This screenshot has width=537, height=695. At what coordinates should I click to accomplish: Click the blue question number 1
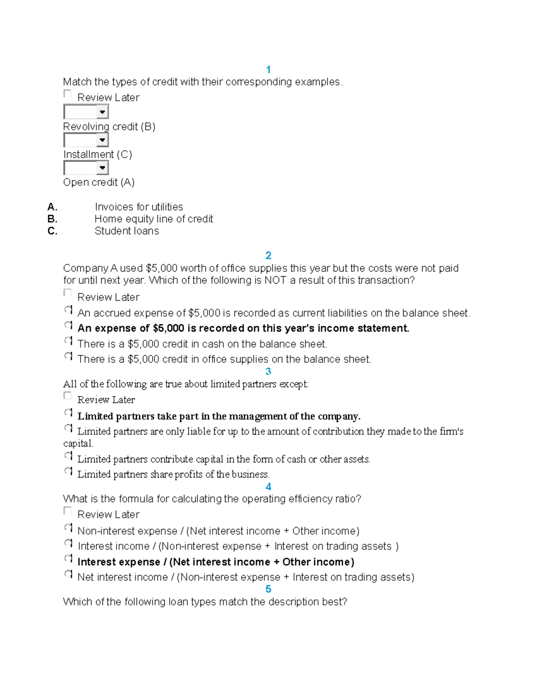(268, 69)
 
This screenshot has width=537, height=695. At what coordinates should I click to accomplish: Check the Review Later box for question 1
(68, 94)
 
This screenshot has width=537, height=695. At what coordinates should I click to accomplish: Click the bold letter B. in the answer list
(52, 219)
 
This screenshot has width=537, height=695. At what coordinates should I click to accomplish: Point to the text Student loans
(127, 231)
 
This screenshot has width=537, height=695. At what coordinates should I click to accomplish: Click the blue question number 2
(268, 255)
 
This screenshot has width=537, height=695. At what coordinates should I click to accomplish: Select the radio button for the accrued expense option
(68, 310)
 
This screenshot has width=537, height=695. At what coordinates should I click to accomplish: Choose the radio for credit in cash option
(68, 341)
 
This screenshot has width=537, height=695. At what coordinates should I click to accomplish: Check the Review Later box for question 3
(68, 396)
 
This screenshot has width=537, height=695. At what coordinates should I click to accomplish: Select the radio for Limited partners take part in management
(68, 413)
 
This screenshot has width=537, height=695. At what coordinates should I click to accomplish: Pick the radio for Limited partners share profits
(68, 471)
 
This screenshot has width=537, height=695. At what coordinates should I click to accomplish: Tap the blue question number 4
(268, 486)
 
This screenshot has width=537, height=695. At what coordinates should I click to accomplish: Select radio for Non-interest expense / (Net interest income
(68, 528)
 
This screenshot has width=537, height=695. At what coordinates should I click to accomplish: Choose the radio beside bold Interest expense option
(68, 559)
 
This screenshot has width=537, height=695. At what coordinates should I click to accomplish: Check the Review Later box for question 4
(68, 511)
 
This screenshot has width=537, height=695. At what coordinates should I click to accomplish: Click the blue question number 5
(268, 589)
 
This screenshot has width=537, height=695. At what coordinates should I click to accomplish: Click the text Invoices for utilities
(139, 207)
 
